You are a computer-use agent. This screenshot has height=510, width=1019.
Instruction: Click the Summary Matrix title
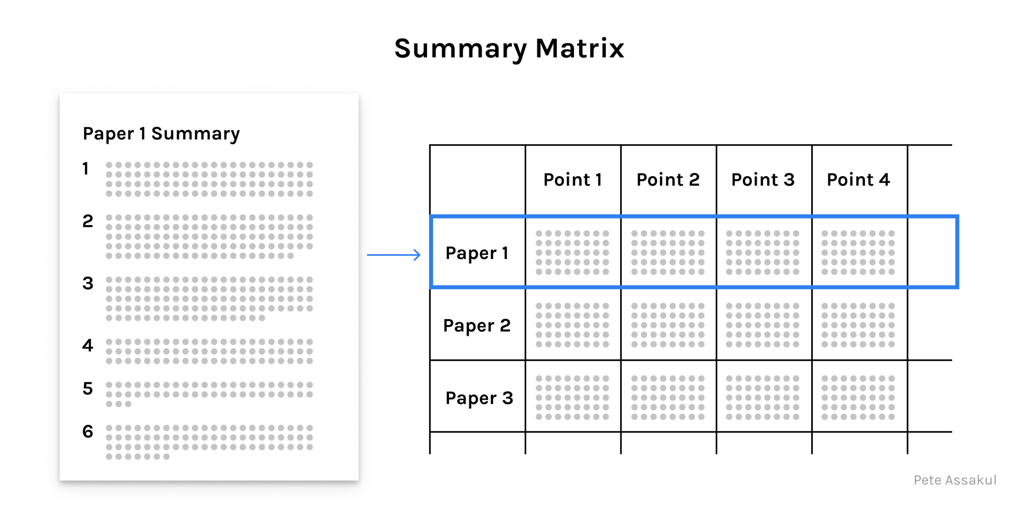[509, 49]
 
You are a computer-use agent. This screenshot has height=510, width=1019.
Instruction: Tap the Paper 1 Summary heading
[161, 134]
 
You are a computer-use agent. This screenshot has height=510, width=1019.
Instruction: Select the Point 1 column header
[573, 180]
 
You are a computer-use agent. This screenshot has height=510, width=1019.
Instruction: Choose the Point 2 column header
[668, 180]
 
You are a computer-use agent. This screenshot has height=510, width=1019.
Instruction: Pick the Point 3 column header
[763, 180]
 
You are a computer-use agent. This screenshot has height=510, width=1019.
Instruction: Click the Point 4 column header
[858, 180]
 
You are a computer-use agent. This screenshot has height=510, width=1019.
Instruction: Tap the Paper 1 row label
[477, 253]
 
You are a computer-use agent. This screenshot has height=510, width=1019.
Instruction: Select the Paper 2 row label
[477, 326]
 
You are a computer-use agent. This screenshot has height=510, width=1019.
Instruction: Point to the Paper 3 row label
[479, 398]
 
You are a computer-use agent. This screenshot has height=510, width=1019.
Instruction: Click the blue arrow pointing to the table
[394, 255]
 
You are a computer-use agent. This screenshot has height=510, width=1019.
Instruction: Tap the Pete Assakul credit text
[955, 480]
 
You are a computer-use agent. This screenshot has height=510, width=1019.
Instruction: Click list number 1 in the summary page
[86, 169]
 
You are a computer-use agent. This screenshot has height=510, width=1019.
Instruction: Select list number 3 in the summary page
[88, 283]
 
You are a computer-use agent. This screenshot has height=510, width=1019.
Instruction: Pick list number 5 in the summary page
[88, 388]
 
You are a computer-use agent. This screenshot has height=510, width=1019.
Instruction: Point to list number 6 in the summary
[88, 431]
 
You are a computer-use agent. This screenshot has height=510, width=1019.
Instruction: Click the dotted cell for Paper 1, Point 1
[572, 253]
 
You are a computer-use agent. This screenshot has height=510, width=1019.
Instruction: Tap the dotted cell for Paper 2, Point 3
[763, 325]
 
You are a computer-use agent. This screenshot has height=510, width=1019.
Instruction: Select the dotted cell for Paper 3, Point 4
[858, 398]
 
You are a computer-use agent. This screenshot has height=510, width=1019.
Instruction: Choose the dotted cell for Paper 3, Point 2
[668, 398]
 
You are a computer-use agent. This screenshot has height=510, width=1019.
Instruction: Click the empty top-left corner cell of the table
[477, 180]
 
